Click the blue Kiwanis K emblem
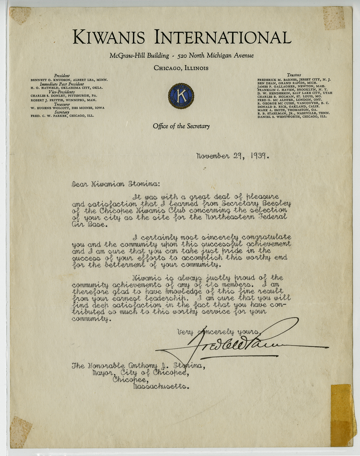pos(181,95)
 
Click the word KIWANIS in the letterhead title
pos(108,37)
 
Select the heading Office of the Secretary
pos(181,126)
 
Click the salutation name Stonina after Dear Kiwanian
pos(143,184)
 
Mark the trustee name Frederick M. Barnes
pos(277,80)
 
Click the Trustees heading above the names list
pos(293,75)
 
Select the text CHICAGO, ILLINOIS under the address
pos(181,68)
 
